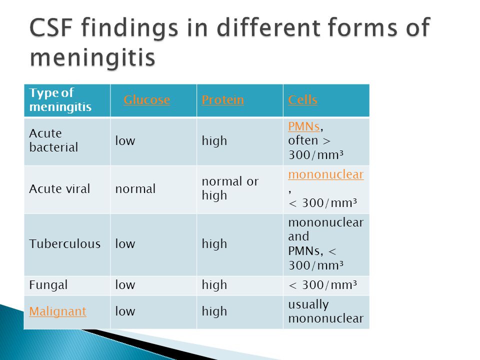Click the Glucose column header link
pos(146,100)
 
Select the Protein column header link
pos(223,100)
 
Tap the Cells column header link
pos(303,100)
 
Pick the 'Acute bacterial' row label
pos(53,140)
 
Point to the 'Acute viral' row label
pos(59,188)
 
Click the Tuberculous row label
pos(65,243)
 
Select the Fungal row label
pos(48,285)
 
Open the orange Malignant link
pos(58,311)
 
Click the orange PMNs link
pos(304,126)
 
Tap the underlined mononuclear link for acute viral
pos(326,174)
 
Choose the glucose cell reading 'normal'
pos(135,189)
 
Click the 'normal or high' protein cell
pos(230,188)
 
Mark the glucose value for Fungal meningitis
pos(125,284)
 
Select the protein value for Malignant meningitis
pos(214,311)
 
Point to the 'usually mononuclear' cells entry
pos(325,311)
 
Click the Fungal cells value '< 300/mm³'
pos(322,285)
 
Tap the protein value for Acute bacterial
pos(214,141)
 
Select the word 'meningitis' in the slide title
pos(93,57)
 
